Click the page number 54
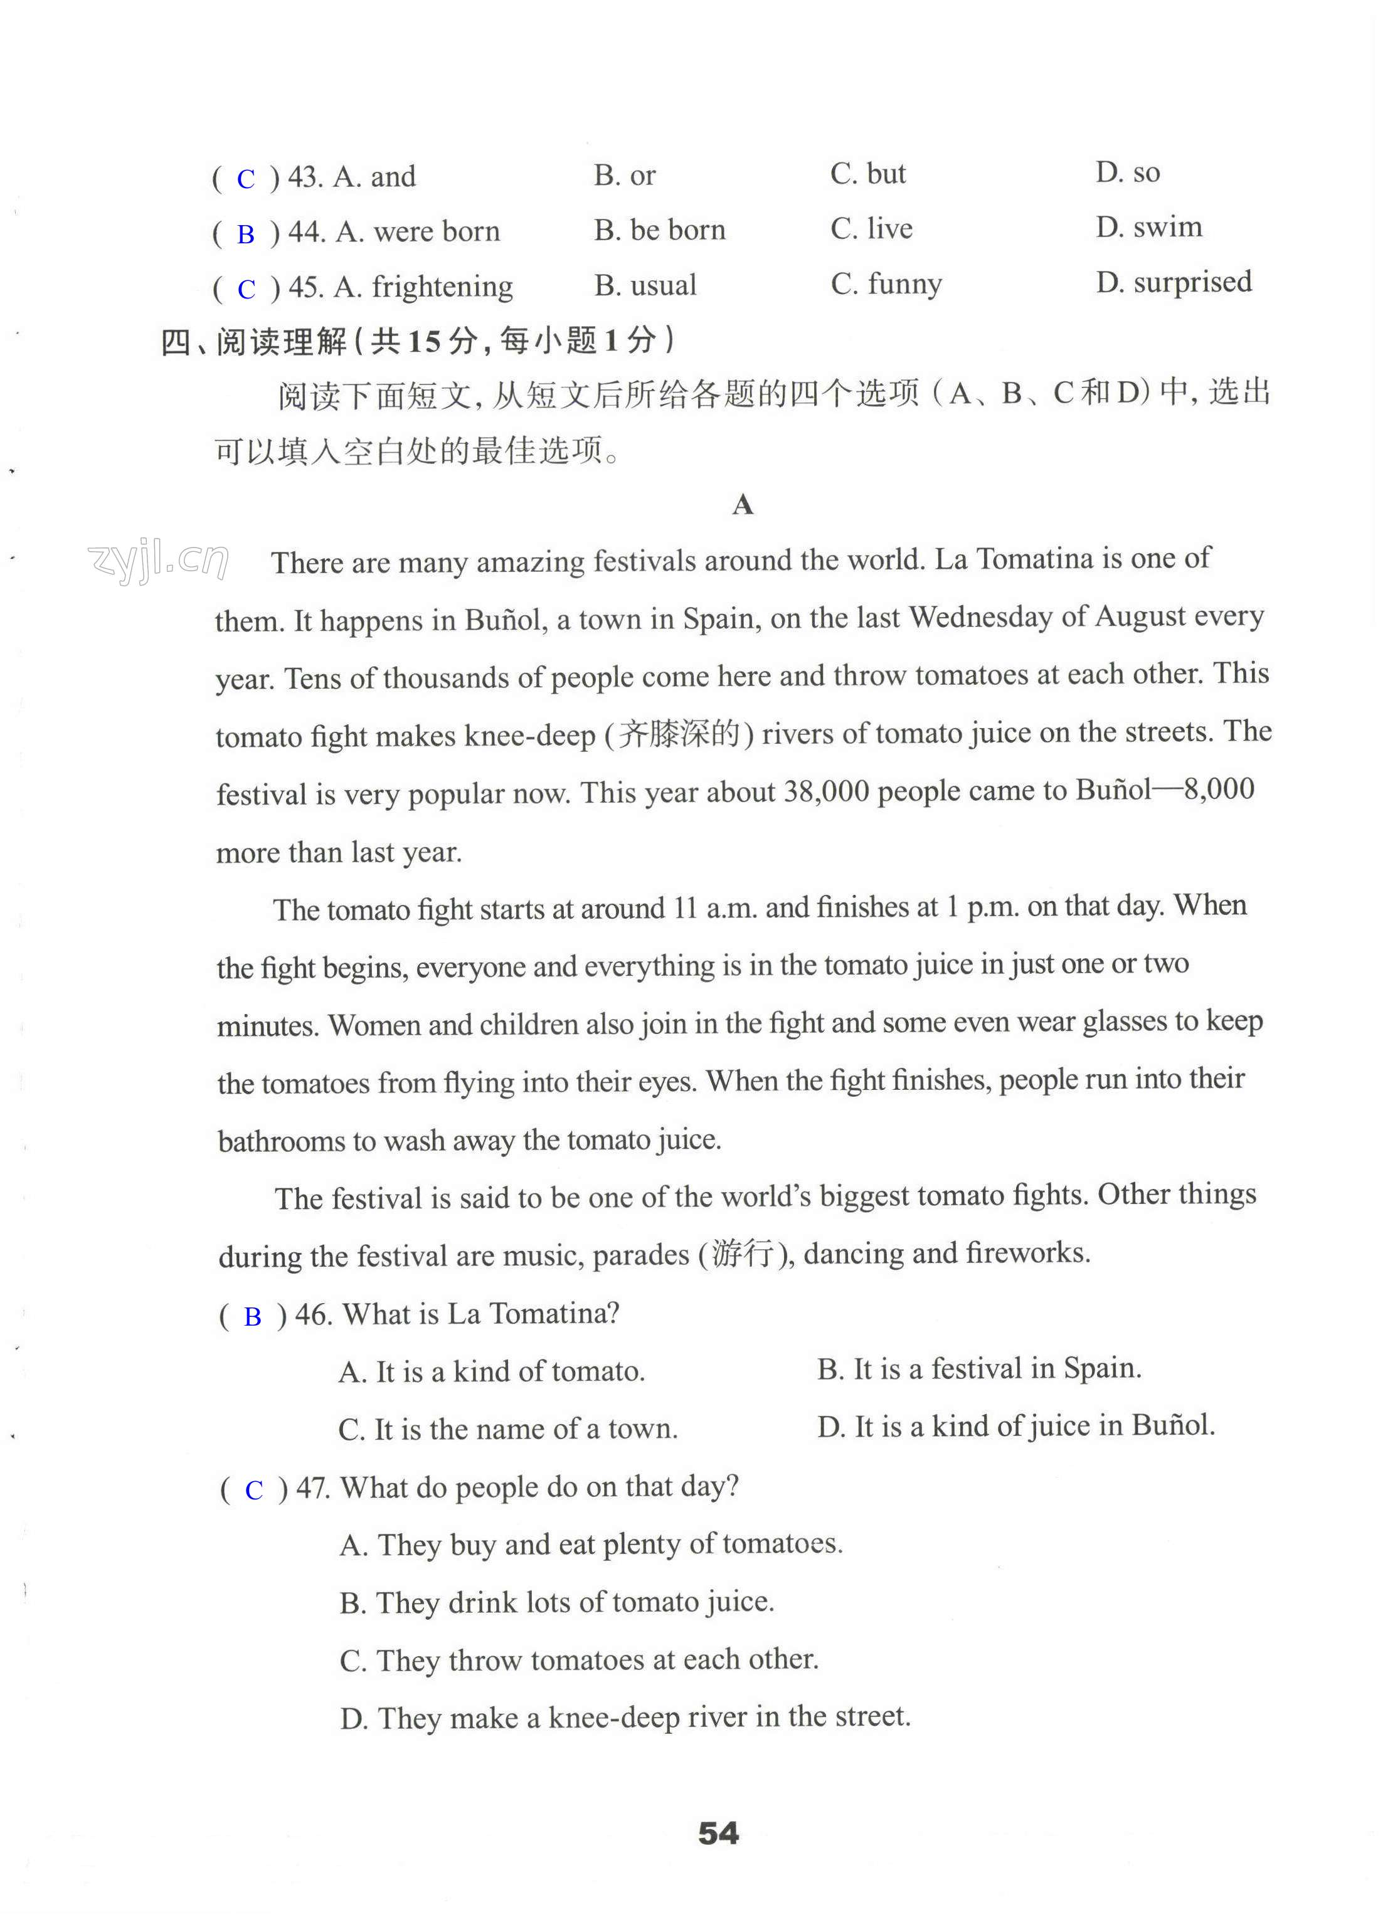pyautogui.click(x=718, y=1833)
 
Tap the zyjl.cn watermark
pyautogui.click(x=157, y=559)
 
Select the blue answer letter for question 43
pyautogui.click(x=246, y=179)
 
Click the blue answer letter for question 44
pyautogui.click(x=246, y=234)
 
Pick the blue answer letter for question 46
pyautogui.click(x=253, y=1316)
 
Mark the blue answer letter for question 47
pyautogui.click(x=253, y=1490)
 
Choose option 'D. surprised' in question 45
pyautogui.click(x=1173, y=282)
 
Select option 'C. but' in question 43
pyautogui.click(x=868, y=174)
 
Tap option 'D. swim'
pyautogui.click(x=1148, y=227)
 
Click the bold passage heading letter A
pyautogui.click(x=743, y=505)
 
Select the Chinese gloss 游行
pyautogui.click(x=743, y=1252)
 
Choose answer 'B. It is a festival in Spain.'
pyautogui.click(x=979, y=1368)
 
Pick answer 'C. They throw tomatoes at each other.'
pyautogui.click(x=579, y=1659)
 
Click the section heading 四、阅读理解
pyautogui.click(x=254, y=342)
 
